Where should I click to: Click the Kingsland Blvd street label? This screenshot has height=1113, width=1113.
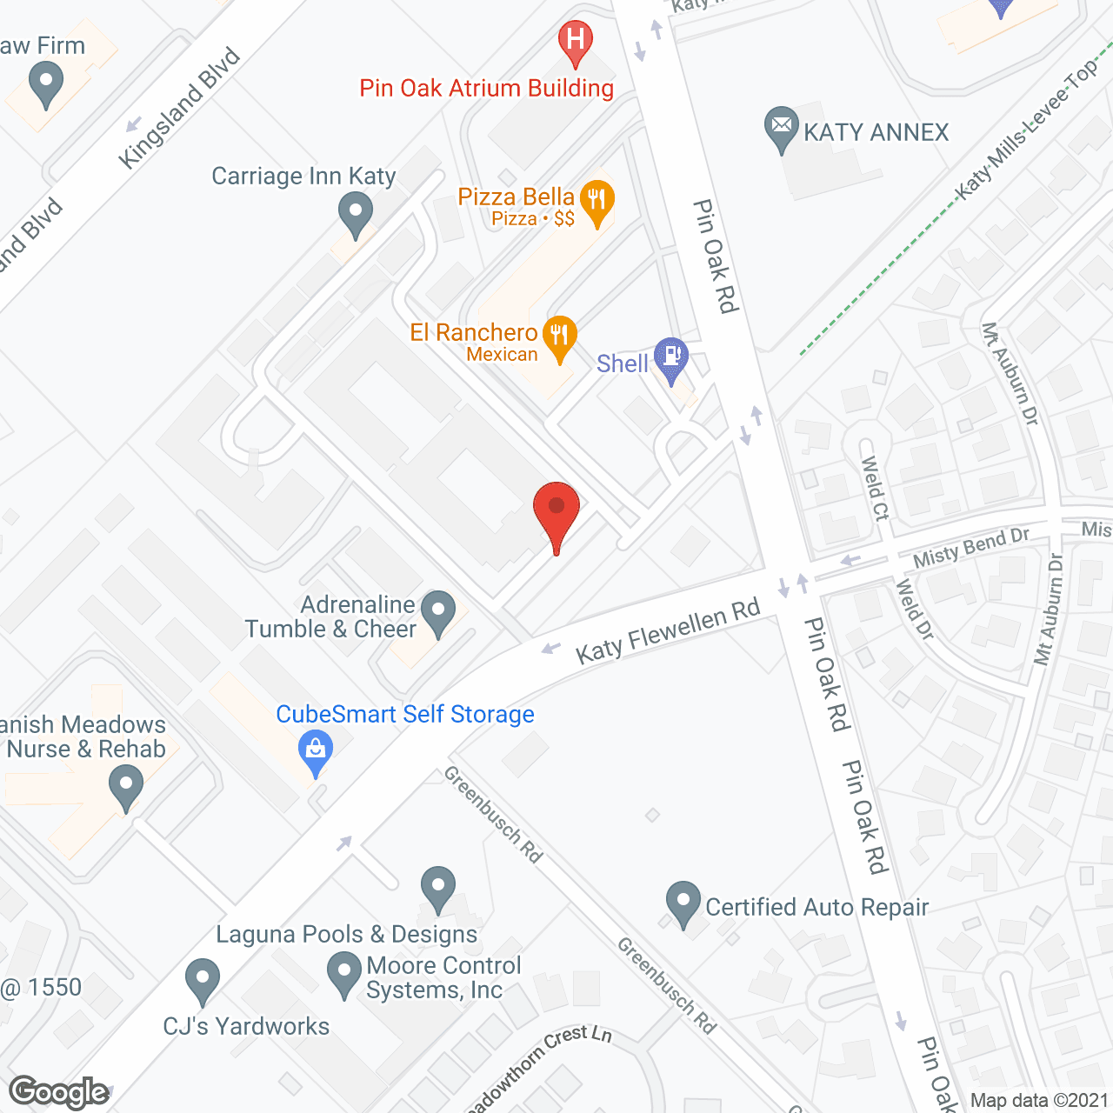pyautogui.click(x=179, y=109)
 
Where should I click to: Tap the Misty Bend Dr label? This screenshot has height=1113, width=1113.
pyautogui.click(x=970, y=547)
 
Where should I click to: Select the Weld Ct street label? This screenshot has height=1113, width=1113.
pyautogui.click(x=874, y=488)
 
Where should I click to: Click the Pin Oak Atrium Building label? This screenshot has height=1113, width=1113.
pyautogui.click(x=487, y=88)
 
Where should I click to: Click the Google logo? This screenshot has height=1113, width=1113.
pyautogui.click(x=59, y=1092)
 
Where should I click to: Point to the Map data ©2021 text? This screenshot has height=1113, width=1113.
pyautogui.click(x=1039, y=1101)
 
